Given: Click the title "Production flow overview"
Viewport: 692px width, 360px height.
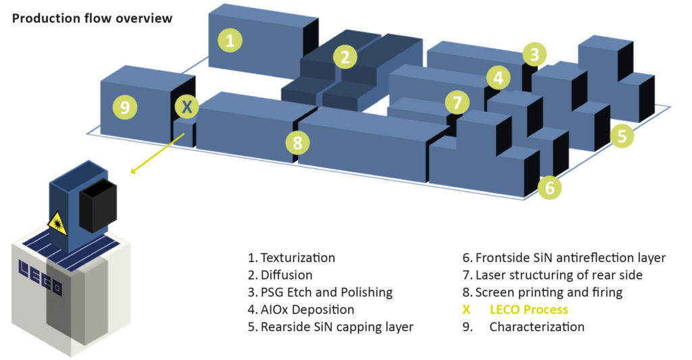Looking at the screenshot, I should tap(92, 18).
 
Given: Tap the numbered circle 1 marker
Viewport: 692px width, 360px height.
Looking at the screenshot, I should tap(230, 41).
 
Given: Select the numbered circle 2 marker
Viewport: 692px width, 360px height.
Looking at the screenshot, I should tap(345, 57).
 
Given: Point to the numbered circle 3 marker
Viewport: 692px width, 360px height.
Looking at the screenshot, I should tap(534, 54).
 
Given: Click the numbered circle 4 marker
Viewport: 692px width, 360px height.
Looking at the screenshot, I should tap(498, 78).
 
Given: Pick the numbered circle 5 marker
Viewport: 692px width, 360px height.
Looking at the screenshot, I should tap(622, 136).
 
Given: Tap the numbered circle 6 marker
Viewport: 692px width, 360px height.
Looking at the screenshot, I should tap(549, 187).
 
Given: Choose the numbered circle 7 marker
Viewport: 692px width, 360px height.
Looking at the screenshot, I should tap(458, 103).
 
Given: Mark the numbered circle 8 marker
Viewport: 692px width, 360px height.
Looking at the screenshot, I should tap(297, 143).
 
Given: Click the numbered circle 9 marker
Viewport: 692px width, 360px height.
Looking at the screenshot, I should tap(125, 107).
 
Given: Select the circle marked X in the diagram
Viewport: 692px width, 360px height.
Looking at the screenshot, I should tap(187, 106).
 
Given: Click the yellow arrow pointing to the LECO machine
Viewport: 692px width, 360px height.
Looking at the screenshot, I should tap(157, 153).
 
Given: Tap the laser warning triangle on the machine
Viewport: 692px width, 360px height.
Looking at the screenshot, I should tap(57, 223).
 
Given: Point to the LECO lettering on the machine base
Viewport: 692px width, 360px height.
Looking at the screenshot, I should tap(41, 277).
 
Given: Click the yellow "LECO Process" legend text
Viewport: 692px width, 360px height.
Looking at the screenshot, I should tap(528, 310).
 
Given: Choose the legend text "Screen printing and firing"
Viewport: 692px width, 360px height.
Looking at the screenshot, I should tap(549, 292).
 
